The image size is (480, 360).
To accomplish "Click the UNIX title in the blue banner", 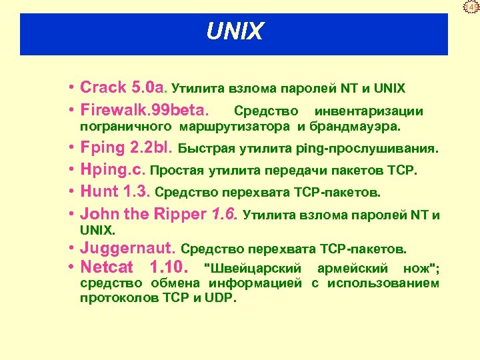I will pos(235,31).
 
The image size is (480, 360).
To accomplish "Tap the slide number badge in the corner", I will pos(473,7).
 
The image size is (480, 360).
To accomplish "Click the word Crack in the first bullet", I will pos(103,87).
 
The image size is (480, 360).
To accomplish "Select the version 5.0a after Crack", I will pos(151,87).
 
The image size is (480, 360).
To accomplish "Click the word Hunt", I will pos(99,192).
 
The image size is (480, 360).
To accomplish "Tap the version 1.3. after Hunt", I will pos(137,192).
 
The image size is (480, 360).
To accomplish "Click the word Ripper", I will pos(181,214).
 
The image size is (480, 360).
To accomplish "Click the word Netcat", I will pos(107,269).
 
